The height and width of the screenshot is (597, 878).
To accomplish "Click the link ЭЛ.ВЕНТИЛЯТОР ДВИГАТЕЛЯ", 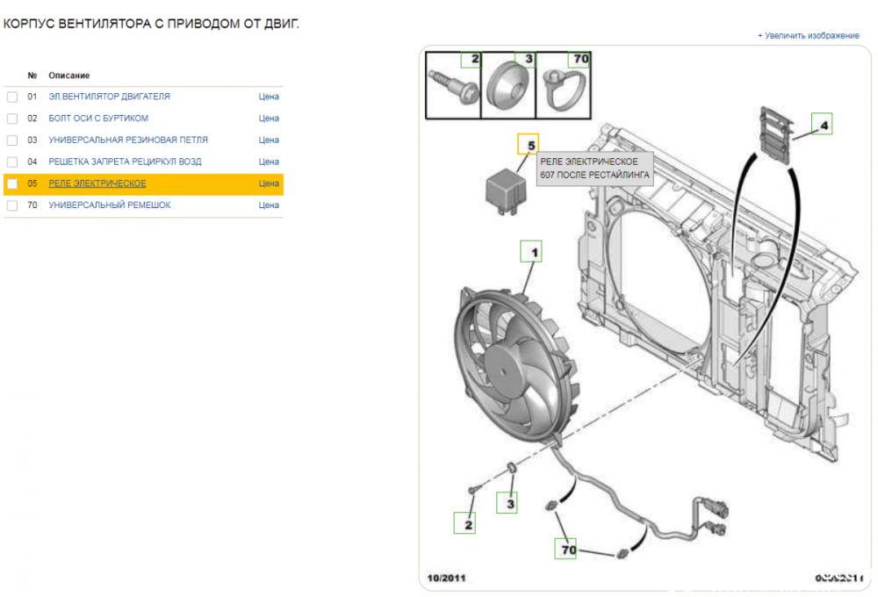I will coord(109,97).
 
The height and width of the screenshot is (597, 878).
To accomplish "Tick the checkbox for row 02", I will coord(12,119).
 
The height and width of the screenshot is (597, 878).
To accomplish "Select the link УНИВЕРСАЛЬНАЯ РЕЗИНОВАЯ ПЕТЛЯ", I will coord(128,140).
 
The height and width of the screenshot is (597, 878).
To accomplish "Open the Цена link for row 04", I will coord(269,162).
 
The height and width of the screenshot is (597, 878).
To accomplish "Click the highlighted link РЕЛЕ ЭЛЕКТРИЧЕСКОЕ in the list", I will coord(97,183).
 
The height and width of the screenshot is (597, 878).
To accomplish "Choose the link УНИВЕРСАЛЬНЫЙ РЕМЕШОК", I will coord(110,205).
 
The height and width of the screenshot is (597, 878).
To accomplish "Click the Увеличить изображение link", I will coord(809,36).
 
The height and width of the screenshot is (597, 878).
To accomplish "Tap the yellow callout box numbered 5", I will coord(529,144).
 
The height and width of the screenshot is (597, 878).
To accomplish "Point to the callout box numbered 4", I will coord(822,126).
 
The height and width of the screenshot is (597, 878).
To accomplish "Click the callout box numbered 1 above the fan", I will coord(531,253).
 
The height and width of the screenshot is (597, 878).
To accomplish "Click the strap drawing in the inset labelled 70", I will coord(563,90).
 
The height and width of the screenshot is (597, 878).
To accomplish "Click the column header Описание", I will coord(69,76).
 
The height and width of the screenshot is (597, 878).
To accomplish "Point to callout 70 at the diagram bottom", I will coord(568,550).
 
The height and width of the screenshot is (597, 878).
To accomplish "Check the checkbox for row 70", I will coord(12,205).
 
